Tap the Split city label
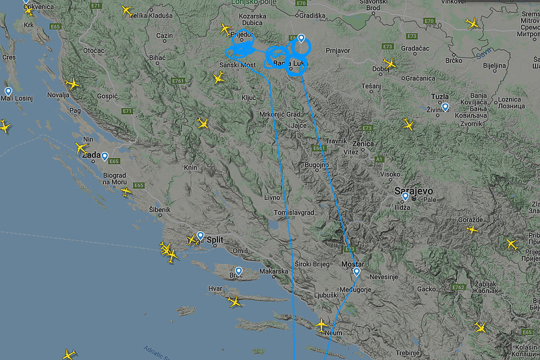(x=215, y=240)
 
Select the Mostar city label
(x=353, y=263)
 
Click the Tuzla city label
(x=440, y=97)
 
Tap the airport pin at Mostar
(x=356, y=272)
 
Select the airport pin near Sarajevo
(x=405, y=197)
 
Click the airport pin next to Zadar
(x=105, y=156)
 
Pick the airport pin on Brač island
(x=238, y=271)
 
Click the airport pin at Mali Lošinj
(x=8, y=91)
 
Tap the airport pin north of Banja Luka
(x=301, y=38)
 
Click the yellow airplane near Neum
(x=322, y=325)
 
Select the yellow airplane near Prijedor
(x=225, y=29)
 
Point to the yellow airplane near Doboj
(x=390, y=64)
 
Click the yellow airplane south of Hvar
(x=234, y=301)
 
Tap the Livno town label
(x=271, y=197)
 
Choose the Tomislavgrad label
(x=294, y=212)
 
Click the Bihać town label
(x=157, y=59)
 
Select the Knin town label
(x=191, y=168)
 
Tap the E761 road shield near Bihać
(x=178, y=81)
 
